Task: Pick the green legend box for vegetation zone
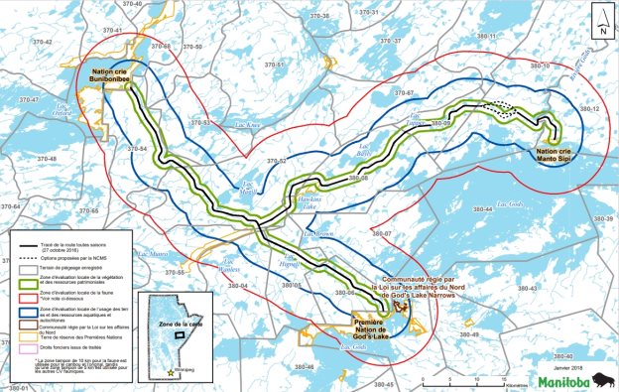pyautogui.click(x=30, y=282)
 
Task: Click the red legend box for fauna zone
pyautogui.click(x=30, y=298)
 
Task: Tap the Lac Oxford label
pyautogui.click(x=65, y=111)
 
